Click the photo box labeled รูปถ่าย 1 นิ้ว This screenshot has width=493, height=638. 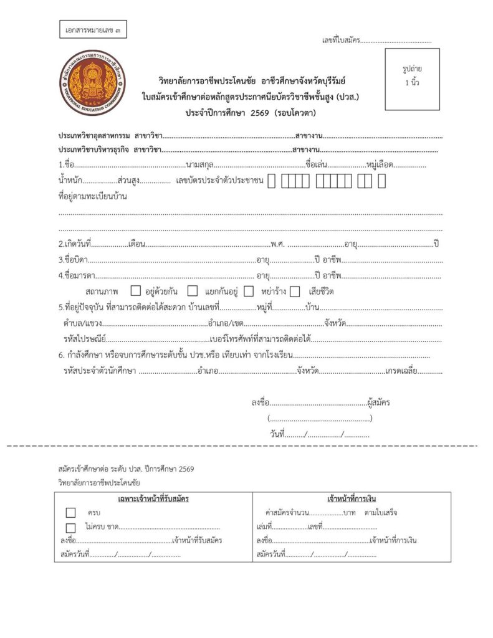tap(412, 78)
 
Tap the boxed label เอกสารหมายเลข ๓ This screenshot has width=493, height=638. tap(94, 30)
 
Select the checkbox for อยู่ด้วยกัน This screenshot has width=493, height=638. tap(136, 291)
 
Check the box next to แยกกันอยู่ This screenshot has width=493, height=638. tap(193, 291)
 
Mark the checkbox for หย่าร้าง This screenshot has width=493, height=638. tap(249, 291)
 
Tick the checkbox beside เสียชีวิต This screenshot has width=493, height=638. tap(295, 291)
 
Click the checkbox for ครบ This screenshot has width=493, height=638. tap(70, 513)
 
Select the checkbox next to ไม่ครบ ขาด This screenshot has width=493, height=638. tap(70, 527)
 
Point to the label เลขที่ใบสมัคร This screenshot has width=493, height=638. tap(340, 40)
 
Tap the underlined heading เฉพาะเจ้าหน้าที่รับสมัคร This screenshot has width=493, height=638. tap(153, 499)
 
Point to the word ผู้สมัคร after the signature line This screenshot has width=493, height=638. tap(379, 402)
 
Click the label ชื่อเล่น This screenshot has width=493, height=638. tap(317, 165)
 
